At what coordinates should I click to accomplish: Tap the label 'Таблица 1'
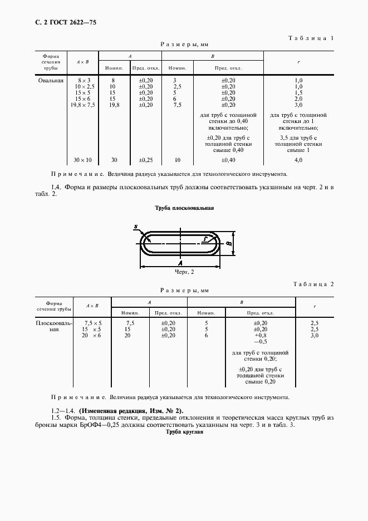pyautogui.click(x=311, y=38)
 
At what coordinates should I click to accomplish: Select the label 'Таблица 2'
pyautogui.click(x=313, y=284)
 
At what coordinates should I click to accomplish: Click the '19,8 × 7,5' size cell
pyautogui.click(x=83, y=105)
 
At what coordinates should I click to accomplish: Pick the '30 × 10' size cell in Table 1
pyautogui.click(x=83, y=160)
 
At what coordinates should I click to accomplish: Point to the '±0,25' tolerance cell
pyautogui.click(x=145, y=160)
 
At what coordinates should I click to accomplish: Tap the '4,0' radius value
pyautogui.click(x=298, y=160)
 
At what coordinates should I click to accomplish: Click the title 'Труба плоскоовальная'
pyautogui.click(x=184, y=208)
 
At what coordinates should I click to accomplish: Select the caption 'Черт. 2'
pyautogui.click(x=184, y=272)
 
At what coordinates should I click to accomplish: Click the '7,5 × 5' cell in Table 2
pyautogui.click(x=92, y=323)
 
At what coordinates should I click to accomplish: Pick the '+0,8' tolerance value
pyautogui.click(x=261, y=336)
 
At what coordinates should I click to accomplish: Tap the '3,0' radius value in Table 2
pyautogui.click(x=315, y=336)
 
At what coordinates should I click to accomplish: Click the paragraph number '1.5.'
pyautogui.click(x=55, y=417)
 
